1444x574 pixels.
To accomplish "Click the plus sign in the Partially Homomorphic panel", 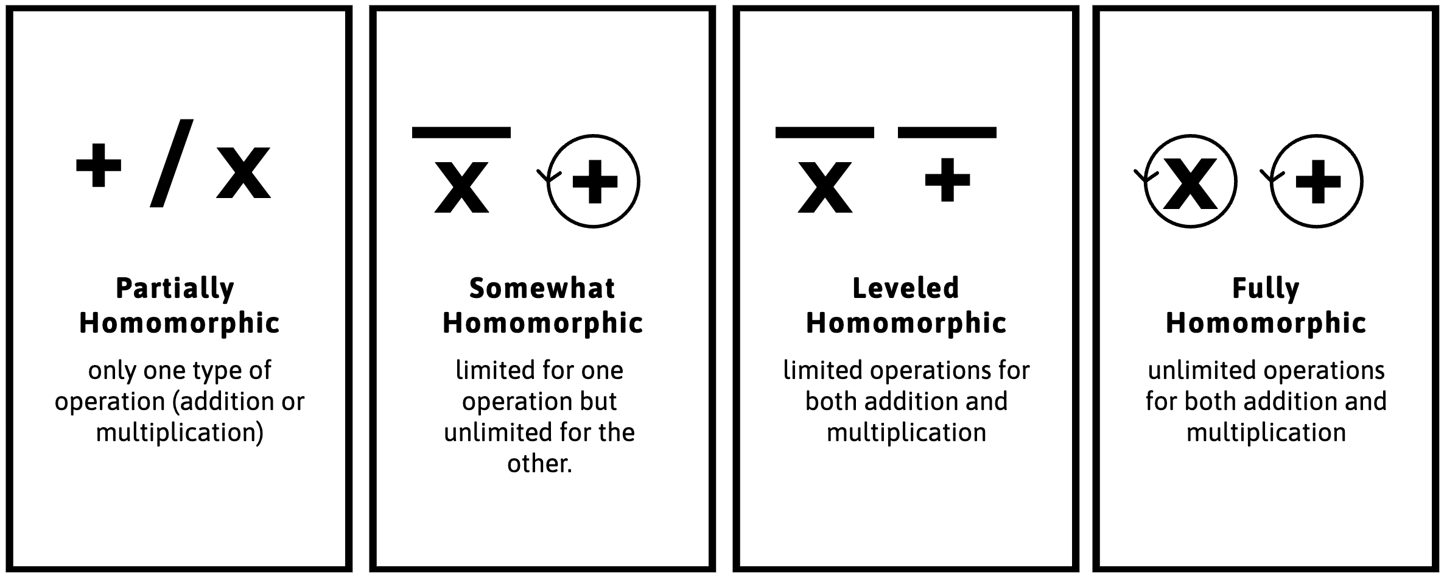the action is (99, 165).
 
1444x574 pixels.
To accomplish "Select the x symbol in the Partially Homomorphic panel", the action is (244, 172).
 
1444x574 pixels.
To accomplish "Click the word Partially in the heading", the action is (175, 288).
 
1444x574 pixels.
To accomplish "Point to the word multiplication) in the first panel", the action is (180, 433).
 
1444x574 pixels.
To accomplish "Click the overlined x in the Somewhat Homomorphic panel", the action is (461, 186).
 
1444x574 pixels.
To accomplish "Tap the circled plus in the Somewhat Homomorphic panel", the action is (594, 181).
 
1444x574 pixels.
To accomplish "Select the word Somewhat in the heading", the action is (542, 288).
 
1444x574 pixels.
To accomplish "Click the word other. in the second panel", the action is (539, 464).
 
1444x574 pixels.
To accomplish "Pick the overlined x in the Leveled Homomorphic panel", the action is (825, 186).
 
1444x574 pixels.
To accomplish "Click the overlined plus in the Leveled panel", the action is (947, 179).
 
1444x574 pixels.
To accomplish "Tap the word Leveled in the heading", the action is (906, 288).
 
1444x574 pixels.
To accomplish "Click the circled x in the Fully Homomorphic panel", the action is (1190, 181).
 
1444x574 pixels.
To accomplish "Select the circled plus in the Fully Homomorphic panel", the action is (1317, 181).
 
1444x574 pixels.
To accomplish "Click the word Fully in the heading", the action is (1266, 288).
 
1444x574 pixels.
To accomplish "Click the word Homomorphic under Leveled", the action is (906, 324).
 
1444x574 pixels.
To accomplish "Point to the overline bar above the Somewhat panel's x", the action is (461, 132).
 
